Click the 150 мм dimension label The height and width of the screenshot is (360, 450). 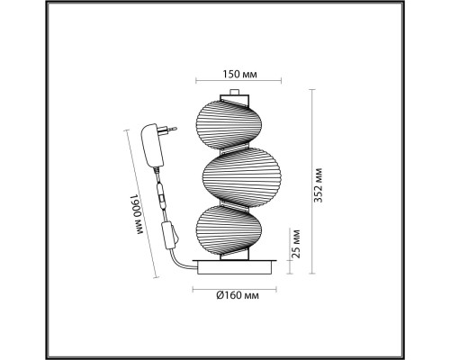click(x=239, y=74)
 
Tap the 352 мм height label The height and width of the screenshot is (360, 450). click(x=319, y=185)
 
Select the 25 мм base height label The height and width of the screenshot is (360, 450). click(x=296, y=244)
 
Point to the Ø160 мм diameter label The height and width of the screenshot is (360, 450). click(x=238, y=295)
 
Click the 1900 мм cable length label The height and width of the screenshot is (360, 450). click(x=137, y=214)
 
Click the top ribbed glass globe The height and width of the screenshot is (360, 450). click(x=229, y=123)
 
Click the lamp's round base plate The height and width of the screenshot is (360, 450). click(x=235, y=267)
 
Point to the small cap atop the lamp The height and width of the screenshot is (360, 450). click(x=234, y=92)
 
